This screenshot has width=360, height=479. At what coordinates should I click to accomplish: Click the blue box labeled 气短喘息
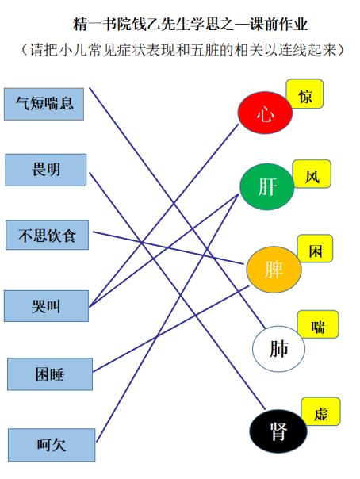click(44, 104)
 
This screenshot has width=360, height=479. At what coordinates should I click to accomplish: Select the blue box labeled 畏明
click(46, 170)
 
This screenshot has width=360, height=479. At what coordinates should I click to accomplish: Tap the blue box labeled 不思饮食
click(48, 235)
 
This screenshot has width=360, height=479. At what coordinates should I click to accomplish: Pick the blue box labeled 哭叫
click(46, 306)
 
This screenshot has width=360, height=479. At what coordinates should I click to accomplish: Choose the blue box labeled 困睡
click(50, 374)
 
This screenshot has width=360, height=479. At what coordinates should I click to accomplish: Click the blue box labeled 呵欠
click(52, 445)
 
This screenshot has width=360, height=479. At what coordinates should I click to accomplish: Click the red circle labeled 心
click(265, 113)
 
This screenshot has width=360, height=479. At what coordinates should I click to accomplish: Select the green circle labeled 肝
click(267, 186)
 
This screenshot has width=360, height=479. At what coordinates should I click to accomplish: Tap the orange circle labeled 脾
click(274, 270)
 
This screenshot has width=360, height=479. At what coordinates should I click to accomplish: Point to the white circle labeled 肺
click(278, 349)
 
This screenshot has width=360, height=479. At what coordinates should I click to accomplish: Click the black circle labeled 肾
click(278, 431)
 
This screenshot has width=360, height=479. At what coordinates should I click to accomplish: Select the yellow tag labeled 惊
click(304, 94)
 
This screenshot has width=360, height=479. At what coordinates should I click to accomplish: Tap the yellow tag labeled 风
click(312, 174)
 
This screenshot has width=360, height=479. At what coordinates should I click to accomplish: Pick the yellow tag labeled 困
click(315, 248)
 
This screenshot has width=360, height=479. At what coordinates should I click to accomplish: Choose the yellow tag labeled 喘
click(318, 324)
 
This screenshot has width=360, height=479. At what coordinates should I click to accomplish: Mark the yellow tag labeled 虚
click(320, 411)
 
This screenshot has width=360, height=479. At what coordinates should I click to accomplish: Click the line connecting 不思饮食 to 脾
click(168, 247)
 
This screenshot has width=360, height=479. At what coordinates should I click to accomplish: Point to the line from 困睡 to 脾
click(170, 328)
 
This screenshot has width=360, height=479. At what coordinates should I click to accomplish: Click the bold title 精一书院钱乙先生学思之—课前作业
click(190, 25)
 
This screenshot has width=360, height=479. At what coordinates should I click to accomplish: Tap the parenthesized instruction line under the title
click(182, 50)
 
